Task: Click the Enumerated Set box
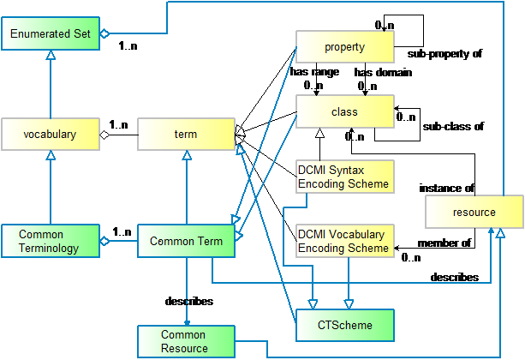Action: (x=51, y=33)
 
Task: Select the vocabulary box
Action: (x=51, y=134)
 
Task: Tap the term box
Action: (x=186, y=134)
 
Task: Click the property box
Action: (x=345, y=46)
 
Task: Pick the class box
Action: (x=345, y=111)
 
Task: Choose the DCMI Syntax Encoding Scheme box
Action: (x=345, y=177)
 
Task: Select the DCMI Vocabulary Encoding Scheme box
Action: (x=345, y=241)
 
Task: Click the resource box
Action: (x=474, y=212)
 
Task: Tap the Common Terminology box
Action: (x=51, y=241)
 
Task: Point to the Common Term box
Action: (x=186, y=241)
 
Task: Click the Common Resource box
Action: (x=186, y=341)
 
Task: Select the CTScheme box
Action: (x=345, y=325)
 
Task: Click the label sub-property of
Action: (x=444, y=54)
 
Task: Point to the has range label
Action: (x=314, y=72)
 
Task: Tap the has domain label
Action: (x=383, y=72)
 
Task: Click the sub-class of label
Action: (x=453, y=126)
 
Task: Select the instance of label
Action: (x=447, y=189)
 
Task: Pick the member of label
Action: (x=444, y=243)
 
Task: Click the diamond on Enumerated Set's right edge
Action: (x=104, y=33)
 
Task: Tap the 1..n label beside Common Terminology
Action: (x=122, y=231)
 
